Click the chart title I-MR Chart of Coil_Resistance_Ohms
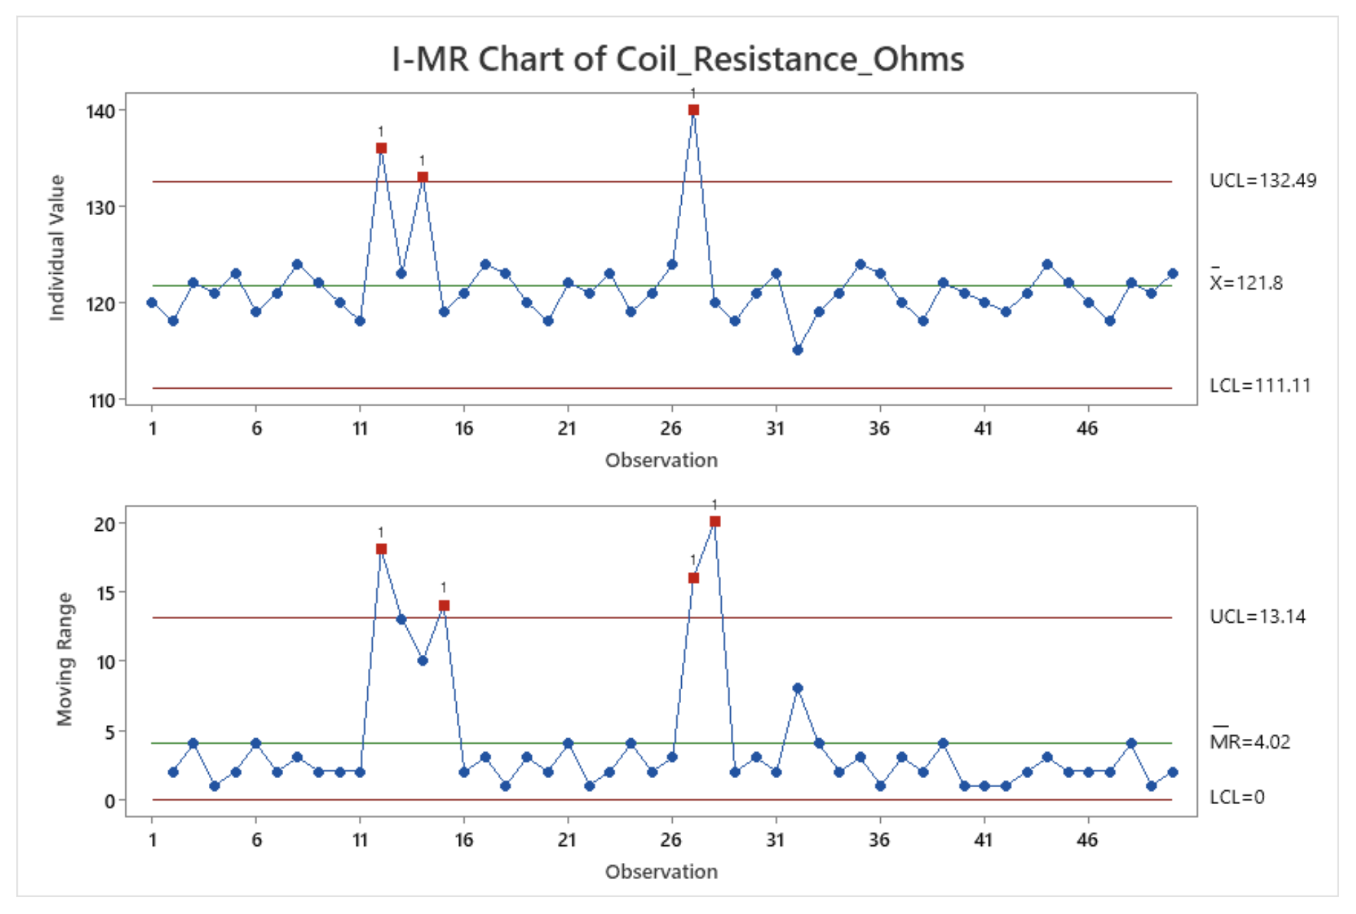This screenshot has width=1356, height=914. pyautogui.click(x=677, y=59)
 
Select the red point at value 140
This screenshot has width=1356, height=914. pyautogui.click(x=694, y=110)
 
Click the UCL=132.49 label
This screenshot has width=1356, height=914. pyautogui.click(x=1263, y=181)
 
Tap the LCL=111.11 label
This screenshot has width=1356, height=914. pyautogui.click(x=1260, y=386)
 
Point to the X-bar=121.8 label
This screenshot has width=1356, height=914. pyautogui.click(x=1247, y=282)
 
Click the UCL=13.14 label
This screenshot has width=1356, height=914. pyautogui.click(x=1257, y=616)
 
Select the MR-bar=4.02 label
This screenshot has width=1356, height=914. pyautogui.click(x=1249, y=741)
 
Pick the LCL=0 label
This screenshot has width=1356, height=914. pyautogui.click(x=1237, y=797)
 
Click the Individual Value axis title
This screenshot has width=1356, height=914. pyautogui.click(x=57, y=248)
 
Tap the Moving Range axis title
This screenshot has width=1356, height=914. pyautogui.click(x=64, y=659)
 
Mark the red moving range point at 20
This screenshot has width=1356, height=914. pyautogui.click(x=715, y=522)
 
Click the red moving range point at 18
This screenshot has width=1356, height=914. pyautogui.click(x=381, y=549)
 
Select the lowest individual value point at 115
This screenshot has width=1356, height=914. pyautogui.click(x=797, y=350)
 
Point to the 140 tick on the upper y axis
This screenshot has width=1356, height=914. pyautogui.click(x=100, y=111)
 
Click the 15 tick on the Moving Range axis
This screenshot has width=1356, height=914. pyautogui.click(x=105, y=593)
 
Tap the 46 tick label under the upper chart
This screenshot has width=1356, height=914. pyautogui.click(x=1087, y=429)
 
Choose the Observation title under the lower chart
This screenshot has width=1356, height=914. pyautogui.click(x=661, y=872)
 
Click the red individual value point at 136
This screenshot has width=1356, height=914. pyautogui.click(x=381, y=148)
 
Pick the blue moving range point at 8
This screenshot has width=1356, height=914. pyautogui.click(x=797, y=688)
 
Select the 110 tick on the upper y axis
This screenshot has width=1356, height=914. pyautogui.click(x=101, y=401)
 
